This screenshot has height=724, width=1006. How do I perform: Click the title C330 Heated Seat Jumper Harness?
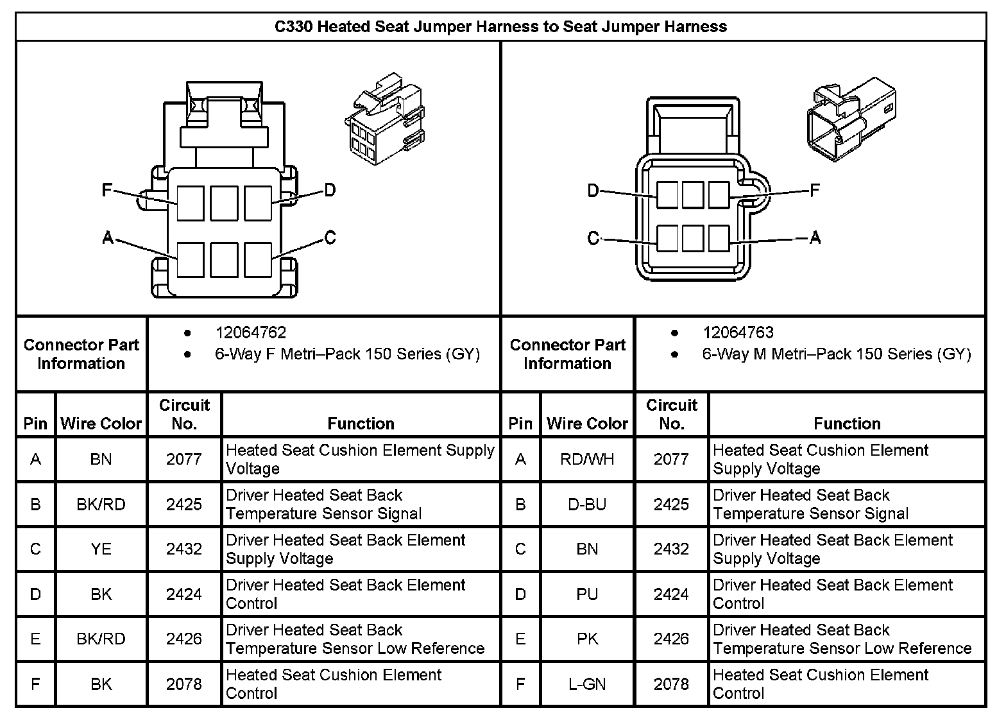click(x=500, y=27)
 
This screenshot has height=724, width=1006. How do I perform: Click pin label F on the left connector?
click(x=108, y=190)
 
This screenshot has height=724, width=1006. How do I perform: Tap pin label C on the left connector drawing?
click(x=330, y=238)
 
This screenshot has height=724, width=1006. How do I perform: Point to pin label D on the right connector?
click(x=593, y=191)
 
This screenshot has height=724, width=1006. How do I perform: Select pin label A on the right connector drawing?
click(x=815, y=238)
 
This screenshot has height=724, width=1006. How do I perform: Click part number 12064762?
click(x=250, y=333)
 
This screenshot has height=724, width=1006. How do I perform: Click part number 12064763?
click(x=738, y=333)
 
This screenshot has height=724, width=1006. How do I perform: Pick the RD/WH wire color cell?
click(x=587, y=460)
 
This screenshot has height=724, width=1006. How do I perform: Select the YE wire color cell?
click(x=101, y=549)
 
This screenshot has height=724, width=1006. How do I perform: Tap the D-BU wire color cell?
click(x=587, y=504)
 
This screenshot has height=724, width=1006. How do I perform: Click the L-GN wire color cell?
click(x=587, y=684)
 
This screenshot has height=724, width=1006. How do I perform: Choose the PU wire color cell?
click(x=587, y=594)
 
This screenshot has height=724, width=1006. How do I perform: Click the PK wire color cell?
click(x=587, y=639)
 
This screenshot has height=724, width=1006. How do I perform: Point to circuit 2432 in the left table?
click(x=184, y=549)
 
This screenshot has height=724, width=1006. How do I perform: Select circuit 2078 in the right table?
click(x=671, y=684)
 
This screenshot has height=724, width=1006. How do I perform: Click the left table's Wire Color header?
click(x=101, y=424)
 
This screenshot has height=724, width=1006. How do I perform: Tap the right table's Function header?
click(x=847, y=424)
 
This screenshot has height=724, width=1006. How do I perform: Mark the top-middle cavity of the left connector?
click(x=224, y=203)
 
